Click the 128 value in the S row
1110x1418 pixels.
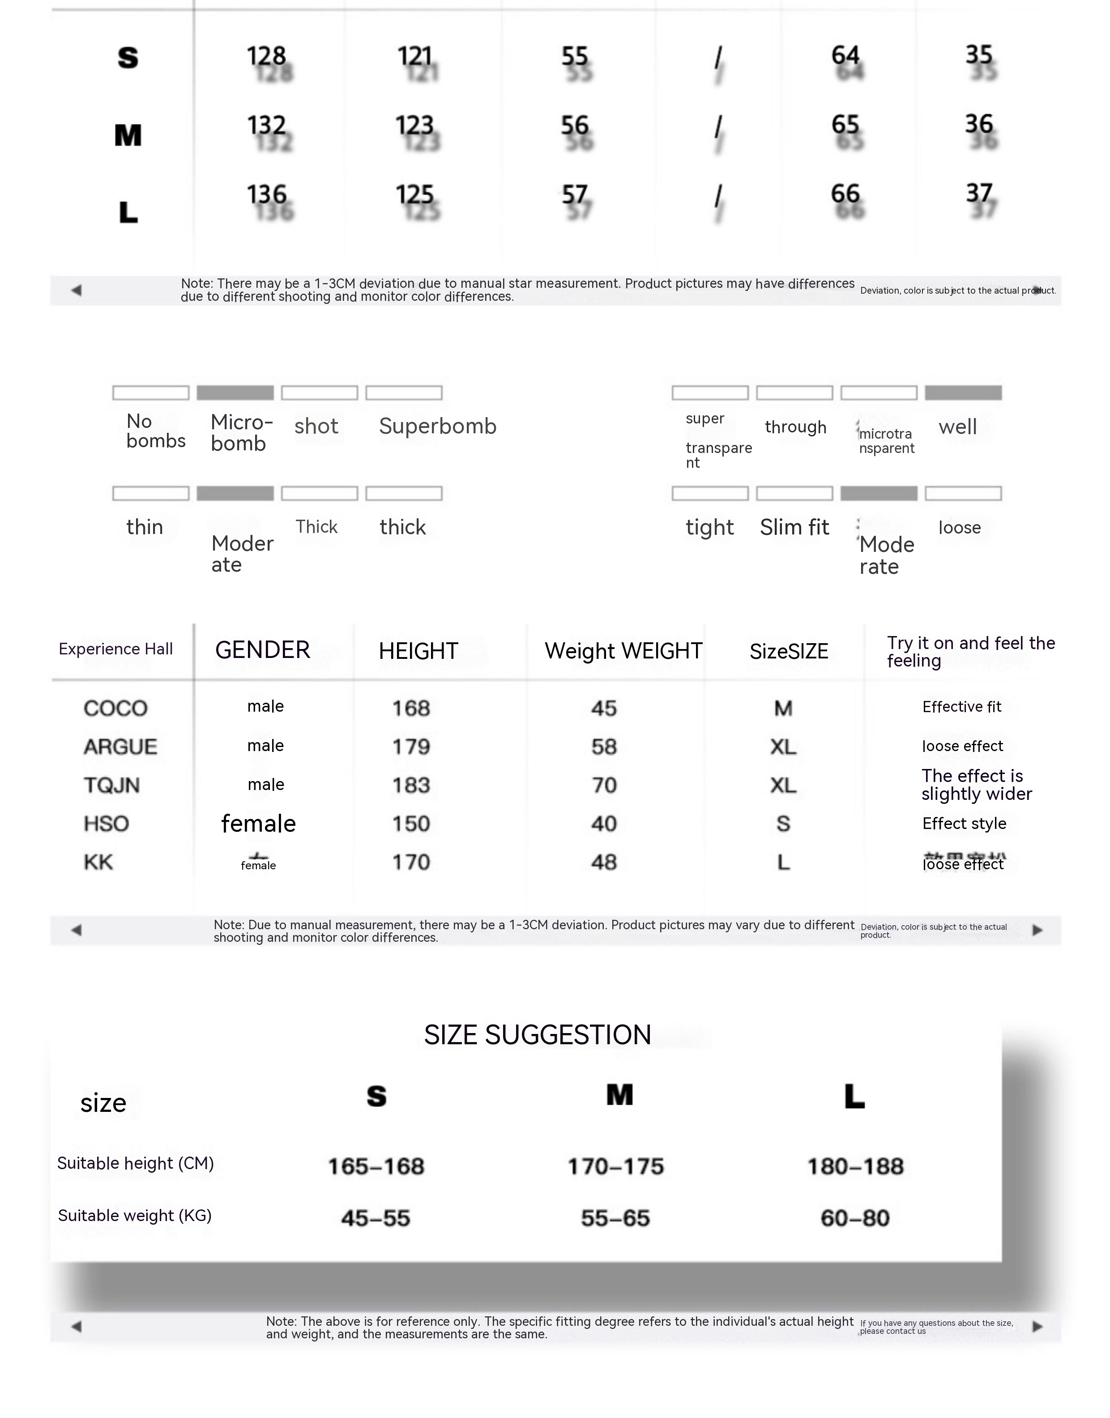click(x=266, y=56)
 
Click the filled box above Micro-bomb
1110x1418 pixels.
click(x=235, y=393)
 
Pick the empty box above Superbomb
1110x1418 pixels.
click(x=404, y=393)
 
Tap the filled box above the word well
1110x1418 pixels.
click(x=963, y=393)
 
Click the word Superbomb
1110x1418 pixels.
click(x=437, y=426)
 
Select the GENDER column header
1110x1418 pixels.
click(x=263, y=650)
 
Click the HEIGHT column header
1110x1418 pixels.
click(x=418, y=651)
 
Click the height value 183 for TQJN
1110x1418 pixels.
click(x=411, y=785)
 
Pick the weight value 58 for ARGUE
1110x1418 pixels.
click(x=604, y=747)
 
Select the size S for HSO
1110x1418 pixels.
click(x=783, y=824)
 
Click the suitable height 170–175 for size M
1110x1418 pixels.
click(x=615, y=1166)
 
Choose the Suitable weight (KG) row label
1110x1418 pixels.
click(x=135, y=1215)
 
